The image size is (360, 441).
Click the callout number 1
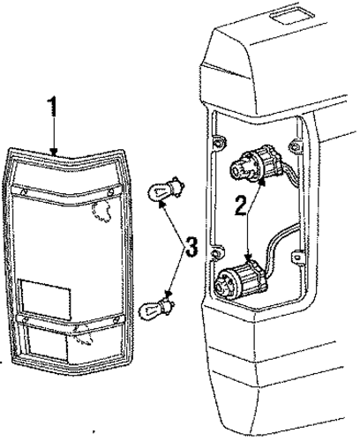(52, 107)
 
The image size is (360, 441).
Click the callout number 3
(191, 246)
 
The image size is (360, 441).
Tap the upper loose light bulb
(166, 190)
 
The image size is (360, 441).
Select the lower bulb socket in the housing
(242, 279)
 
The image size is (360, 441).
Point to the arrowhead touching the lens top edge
(54, 152)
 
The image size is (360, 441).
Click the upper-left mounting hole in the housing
(219, 144)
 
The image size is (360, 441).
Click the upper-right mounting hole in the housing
(295, 146)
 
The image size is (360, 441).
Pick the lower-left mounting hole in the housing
(216, 253)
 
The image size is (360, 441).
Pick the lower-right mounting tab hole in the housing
(297, 258)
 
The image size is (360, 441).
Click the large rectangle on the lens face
(46, 299)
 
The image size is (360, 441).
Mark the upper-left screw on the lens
(23, 191)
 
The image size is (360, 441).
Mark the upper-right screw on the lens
(110, 193)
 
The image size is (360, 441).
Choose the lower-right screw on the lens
(116, 319)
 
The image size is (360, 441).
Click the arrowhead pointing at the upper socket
(261, 183)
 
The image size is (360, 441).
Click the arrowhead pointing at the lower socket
(250, 258)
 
